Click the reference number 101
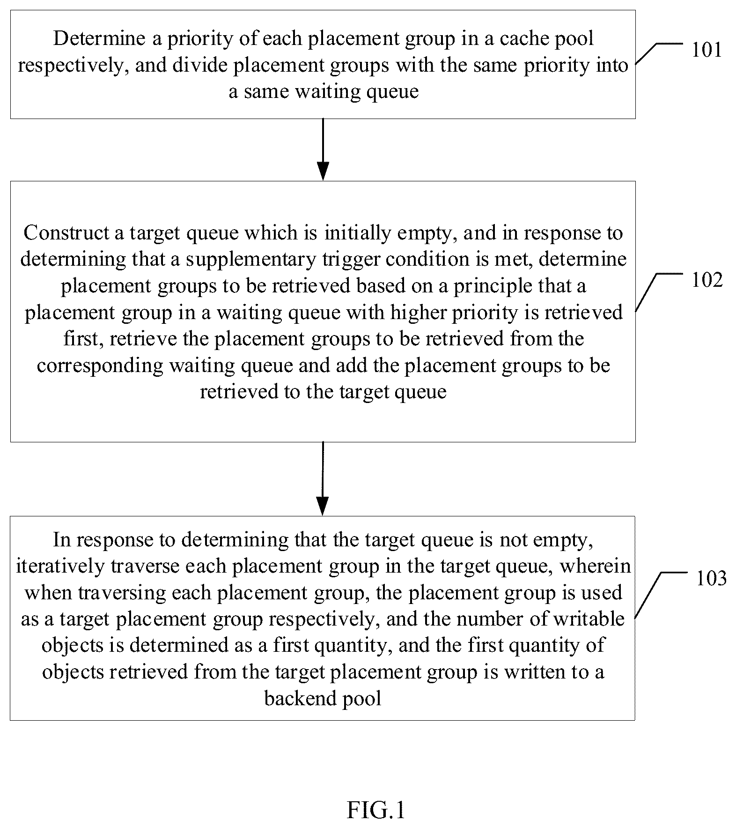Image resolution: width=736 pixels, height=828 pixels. click(707, 50)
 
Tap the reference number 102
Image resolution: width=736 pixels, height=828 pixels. click(707, 280)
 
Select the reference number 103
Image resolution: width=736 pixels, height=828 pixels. click(711, 579)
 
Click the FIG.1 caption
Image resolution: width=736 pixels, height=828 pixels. click(376, 810)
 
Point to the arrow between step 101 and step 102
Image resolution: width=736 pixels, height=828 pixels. click(323, 149)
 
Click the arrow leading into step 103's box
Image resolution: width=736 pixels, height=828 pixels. click(323, 478)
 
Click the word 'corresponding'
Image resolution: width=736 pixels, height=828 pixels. click(100, 366)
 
